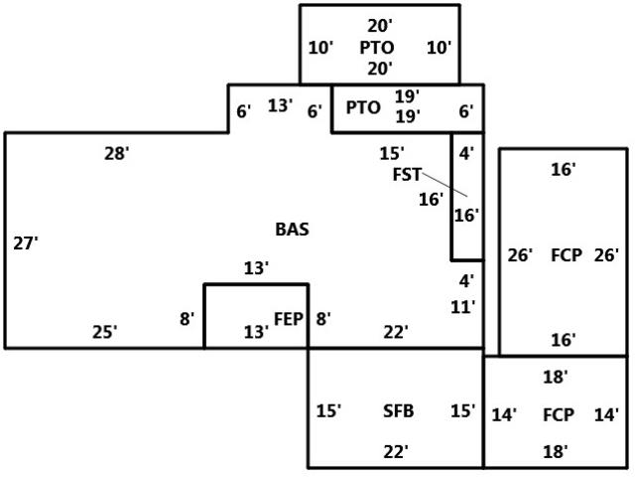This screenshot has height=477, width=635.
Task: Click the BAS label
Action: [x=292, y=230]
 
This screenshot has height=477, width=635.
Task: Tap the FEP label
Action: [x=289, y=319]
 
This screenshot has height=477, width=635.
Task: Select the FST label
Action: [x=407, y=175]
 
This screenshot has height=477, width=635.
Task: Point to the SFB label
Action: [x=399, y=410]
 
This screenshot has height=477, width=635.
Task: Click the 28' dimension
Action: [x=117, y=154]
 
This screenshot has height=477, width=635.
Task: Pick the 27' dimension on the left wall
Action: [x=26, y=243]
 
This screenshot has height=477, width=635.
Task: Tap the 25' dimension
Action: [x=104, y=332]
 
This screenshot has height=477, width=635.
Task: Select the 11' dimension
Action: [x=463, y=307]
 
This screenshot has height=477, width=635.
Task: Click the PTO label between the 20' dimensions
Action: [x=377, y=48]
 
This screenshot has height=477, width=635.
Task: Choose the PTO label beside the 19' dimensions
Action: [x=363, y=107]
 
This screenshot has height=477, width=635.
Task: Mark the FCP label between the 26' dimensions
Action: [x=567, y=255]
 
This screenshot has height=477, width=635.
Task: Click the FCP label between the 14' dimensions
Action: [x=558, y=414]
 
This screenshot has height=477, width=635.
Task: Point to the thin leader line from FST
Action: [x=444, y=185]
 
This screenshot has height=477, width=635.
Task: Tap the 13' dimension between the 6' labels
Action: [x=280, y=105]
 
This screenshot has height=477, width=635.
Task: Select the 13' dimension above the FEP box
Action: [x=256, y=268]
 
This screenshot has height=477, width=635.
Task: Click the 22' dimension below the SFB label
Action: [x=396, y=451]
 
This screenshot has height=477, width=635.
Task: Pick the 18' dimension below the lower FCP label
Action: [x=555, y=451]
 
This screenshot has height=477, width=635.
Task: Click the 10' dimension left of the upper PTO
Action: [x=320, y=48]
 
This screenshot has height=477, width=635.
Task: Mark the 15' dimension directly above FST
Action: [x=392, y=154]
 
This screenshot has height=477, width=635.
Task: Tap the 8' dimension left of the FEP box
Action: [x=187, y=319]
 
